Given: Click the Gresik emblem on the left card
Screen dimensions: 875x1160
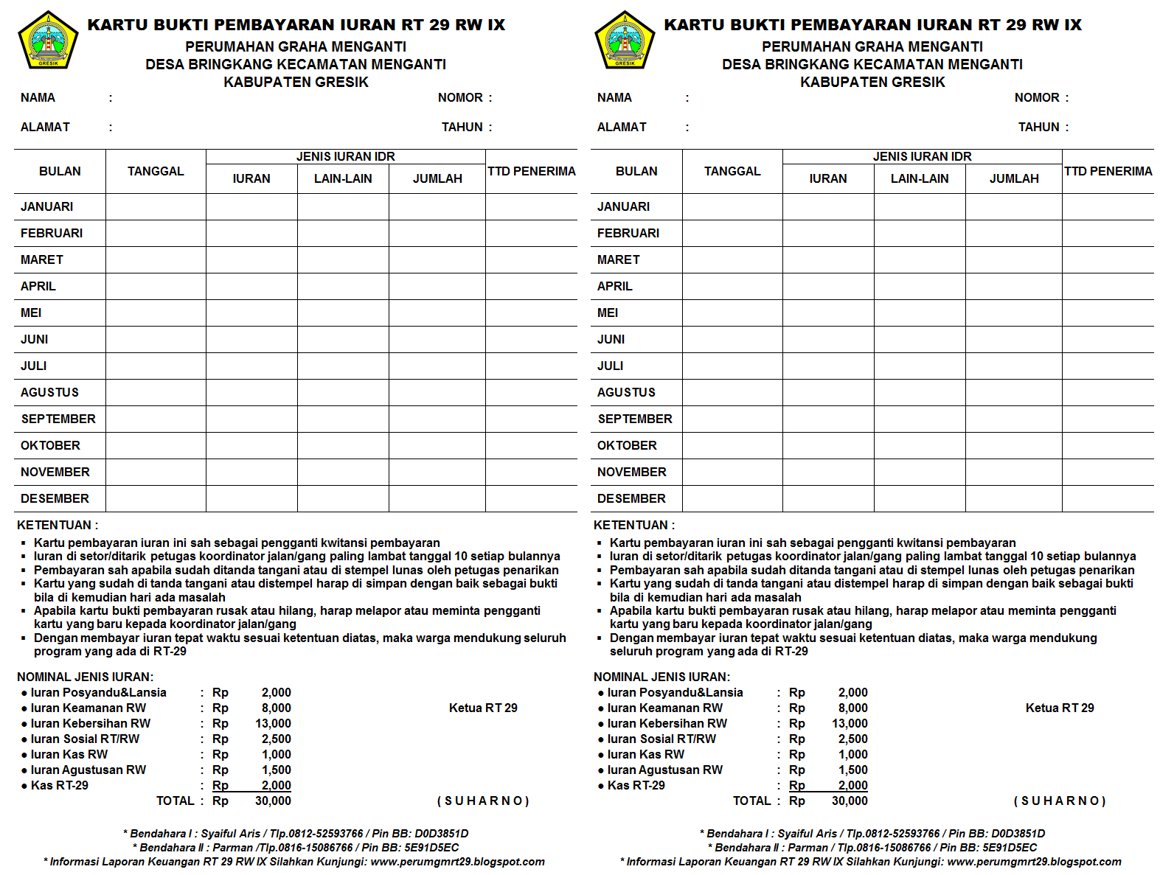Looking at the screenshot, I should pyautogui.click(x=48, y=41).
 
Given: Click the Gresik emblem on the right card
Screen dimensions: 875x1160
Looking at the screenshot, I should pyautogui.click(x=625, y=41).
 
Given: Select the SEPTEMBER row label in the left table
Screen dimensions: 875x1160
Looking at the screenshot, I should pyautogui.click(x=58, y=419).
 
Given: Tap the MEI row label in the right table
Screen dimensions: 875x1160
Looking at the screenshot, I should pyautogui.click(x=608, y=313).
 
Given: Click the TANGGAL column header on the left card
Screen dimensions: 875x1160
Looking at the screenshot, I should pyautogui.click(x=156, y=171).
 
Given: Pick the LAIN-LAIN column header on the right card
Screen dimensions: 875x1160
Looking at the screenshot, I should pyautogui.click(x=920, y=178).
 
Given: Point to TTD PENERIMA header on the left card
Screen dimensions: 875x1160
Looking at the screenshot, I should pyautogui.click(x=531, y=171).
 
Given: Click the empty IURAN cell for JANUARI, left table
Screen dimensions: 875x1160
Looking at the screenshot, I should pyautogui.click(x=251, y=206).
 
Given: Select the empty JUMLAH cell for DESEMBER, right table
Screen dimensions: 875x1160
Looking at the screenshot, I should pyautogui.click(x=1013, y=498).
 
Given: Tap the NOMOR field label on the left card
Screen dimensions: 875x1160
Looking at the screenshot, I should pyautogui.click(x=460, y=97).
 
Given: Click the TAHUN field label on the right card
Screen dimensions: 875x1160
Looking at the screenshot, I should pyautogui.click(x=1038, y=127).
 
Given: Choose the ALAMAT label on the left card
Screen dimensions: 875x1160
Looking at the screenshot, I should pyautogui.click(x=45, y=127).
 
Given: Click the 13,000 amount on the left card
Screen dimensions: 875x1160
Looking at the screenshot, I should pyautogui.click(x=273, y=723).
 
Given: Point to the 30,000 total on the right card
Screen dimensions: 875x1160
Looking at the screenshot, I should pyautogui.click(x=850, y=801).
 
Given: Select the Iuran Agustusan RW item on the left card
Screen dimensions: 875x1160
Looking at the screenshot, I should pyautogui.click(x=88, y=770).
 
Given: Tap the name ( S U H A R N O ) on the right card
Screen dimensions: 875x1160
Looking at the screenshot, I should pyautogui.click(x=1060, y=801).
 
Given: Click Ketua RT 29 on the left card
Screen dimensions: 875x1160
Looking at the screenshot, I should pyautogui.click(x=483, y=708).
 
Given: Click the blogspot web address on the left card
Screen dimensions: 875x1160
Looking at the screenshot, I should pyautogui.click(x=457, y=861).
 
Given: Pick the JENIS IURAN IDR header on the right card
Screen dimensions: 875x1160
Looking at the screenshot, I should pyautogui.click(x=922, y=156).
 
